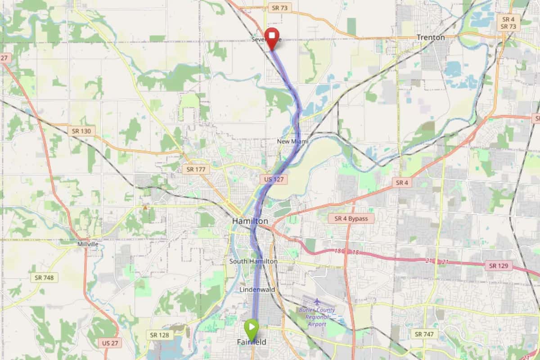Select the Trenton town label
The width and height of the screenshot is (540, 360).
(431, 37)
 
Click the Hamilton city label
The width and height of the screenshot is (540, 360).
(250, 221)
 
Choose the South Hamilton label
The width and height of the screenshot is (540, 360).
(253, 261)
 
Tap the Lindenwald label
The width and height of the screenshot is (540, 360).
(257, 289)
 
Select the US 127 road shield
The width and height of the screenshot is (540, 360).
(273, 180)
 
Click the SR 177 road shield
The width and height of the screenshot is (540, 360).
(196, 169)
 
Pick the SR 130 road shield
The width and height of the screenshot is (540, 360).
(81, 131)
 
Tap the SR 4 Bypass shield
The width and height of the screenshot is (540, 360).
(351, 219)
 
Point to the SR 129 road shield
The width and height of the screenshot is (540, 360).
(499, 265)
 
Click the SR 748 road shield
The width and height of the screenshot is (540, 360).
(45, 278)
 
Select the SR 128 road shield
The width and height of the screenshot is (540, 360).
(160, 335)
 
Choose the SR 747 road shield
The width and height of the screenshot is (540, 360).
(424, 334)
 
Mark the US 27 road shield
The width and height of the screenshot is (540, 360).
(109, 343)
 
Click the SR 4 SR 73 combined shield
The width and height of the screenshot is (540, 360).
(508, 22)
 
